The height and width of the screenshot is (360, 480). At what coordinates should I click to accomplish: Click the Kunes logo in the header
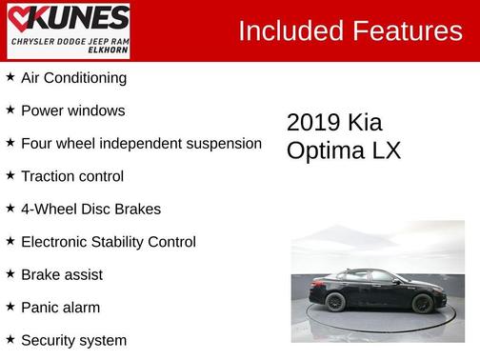pyautogui.click(x=67, y=18)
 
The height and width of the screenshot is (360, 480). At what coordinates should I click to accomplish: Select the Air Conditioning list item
pyautogui.click(x=73, y=78)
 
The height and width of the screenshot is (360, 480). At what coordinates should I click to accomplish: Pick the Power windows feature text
pyautogui.click(x=72, y=110)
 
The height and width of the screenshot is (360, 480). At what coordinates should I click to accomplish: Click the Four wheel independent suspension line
pyautogui.click(x=141, y=143)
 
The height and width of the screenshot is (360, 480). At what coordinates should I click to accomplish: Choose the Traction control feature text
pyautogui.click(x=72, y=176)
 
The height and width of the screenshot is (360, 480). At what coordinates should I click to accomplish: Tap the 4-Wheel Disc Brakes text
pyautogui.click(x=90, y=209)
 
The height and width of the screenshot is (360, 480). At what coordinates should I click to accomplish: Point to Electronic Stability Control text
pyautogui.click(x=108, y=242)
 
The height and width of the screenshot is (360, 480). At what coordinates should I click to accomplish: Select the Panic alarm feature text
pyautogui.click(x=60, y=308)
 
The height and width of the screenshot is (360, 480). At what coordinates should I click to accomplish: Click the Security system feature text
pyautogui.click(x=73, y=340)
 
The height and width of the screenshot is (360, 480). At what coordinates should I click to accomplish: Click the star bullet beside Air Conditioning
pyautogui.click(x=10, y=77)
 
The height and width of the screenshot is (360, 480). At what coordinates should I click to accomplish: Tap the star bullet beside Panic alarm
pyautogui.click(x=10, y=307)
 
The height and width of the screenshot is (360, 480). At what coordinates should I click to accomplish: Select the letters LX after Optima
pyautogui.click(x=388, y=150)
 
